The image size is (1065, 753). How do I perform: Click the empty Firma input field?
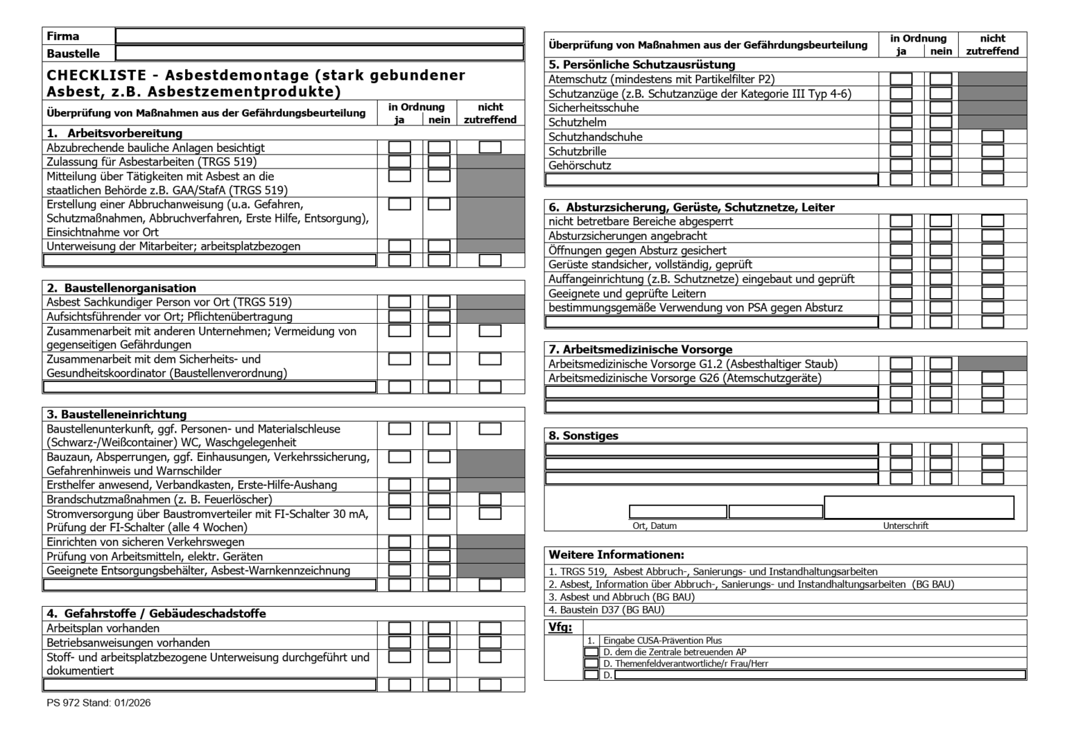[319, 36]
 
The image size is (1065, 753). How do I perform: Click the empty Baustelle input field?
[319, 53]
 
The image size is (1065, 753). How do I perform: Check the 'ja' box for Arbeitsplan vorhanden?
[399, 628]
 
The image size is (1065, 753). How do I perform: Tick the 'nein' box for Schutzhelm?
[940, 122]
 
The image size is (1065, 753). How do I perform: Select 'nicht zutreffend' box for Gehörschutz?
[992, 165]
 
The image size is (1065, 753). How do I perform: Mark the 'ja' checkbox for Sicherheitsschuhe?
[901, 107]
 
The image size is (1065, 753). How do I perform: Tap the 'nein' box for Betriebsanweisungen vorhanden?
[439, 642]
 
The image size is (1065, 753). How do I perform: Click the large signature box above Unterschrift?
[919, 507]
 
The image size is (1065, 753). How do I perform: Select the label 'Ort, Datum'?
[655, 526]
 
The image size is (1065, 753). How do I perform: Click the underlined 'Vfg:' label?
[560, 627]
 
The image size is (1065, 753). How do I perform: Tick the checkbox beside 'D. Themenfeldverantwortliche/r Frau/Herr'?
[591, 664]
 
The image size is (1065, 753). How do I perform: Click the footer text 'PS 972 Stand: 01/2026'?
[98, 702]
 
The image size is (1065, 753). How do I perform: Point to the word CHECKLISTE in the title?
[96, 75]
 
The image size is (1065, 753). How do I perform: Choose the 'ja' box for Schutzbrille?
[901, 150]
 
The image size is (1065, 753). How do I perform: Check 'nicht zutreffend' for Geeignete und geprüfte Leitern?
[992, 293]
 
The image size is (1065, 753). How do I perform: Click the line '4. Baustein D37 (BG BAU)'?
[607, 610]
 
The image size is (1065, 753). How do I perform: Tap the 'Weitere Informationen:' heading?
[616, 555]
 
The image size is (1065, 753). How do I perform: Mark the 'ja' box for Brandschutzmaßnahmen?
[399, 499]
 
